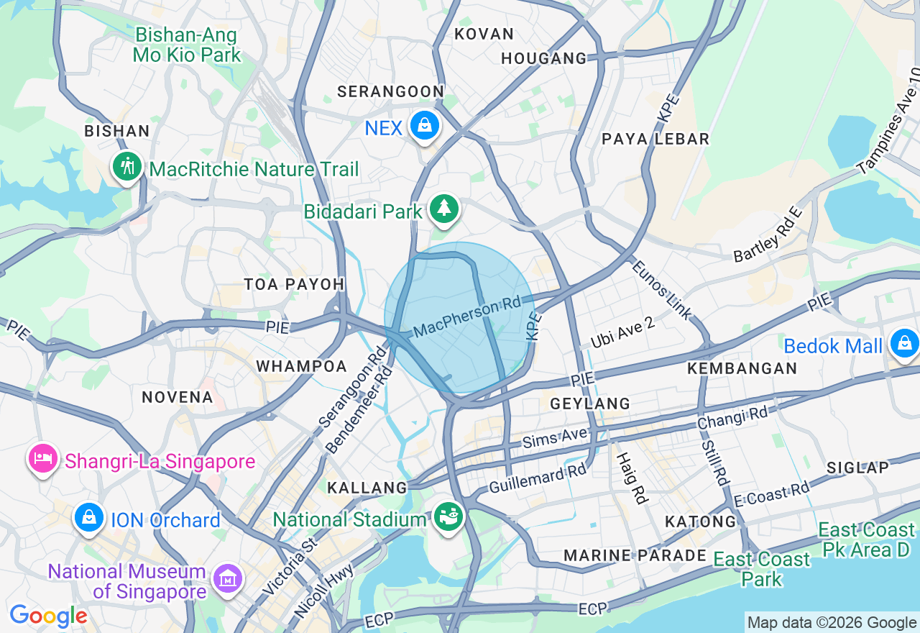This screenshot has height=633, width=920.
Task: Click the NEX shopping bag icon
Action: [x=425, y=126]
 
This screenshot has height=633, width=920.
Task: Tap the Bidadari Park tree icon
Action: [x=444, y=209]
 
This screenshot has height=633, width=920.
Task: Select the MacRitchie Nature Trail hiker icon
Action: [x=127, y=167]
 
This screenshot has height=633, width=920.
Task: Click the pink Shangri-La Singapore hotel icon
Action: [x=43, y=458]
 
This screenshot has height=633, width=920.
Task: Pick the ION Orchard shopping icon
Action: [x=89, y=517]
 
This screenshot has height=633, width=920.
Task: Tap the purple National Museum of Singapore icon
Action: [x=227, y=578]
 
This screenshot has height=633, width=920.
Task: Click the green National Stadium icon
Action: [x=448, y=516]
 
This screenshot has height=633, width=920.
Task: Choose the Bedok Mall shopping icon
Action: [x=903, y=344]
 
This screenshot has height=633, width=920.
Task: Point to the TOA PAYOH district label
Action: [x=294, y=284]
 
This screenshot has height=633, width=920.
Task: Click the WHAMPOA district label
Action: [x=302, y=366]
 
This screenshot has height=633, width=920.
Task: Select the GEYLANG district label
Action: [x=590, y=404]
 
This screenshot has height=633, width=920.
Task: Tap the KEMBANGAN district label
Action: [x=742, y=368]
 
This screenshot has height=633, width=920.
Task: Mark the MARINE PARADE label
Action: [x=635, y=555]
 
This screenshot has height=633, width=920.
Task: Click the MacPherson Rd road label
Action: [x=467, y=317]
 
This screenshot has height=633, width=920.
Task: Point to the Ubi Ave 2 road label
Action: [x=622, y=332]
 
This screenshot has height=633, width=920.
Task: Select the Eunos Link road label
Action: [x=661, y=288]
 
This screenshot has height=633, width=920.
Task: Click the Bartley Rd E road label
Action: [x=767, y=235]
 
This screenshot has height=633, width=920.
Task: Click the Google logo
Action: [x=48, y=616]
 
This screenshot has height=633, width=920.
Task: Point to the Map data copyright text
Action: [x=832, y=623]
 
